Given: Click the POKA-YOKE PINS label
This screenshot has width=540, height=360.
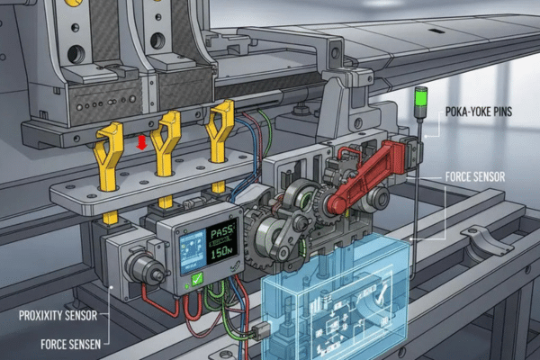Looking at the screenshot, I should click(485, 111).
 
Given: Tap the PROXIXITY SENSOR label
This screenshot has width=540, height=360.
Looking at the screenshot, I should click(56, 315).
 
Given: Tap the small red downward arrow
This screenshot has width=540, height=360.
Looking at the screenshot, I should click(140, 143).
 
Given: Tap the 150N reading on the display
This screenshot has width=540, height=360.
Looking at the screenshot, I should click(220, 256).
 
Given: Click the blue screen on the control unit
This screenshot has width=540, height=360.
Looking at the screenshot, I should click(191, 251).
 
